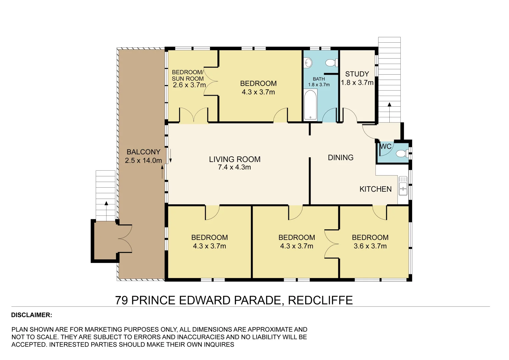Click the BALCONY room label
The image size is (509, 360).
coord(143,152)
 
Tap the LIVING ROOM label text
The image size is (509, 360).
coord(235,159)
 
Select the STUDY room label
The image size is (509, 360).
coord(357,74)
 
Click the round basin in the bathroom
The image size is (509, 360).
coord(308,63)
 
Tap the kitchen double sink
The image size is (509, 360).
coord(403,186)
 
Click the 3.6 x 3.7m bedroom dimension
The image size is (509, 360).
coord(370,246)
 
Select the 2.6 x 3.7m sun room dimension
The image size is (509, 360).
coord(189,85)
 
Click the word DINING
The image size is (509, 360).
coord(341,158)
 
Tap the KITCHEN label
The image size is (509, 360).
coord(375,189)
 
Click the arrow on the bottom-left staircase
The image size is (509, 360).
coord(106,203)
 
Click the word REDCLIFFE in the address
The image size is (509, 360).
coord(320,300)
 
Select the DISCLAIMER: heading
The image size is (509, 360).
coord(32,315)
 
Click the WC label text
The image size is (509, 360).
coord(386,147)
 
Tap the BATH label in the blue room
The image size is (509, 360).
coord(319,79)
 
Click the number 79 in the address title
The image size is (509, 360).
coord(122,300)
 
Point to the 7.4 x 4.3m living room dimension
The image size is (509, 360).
coord(234,167)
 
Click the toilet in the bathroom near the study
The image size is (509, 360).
coord(331,63)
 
